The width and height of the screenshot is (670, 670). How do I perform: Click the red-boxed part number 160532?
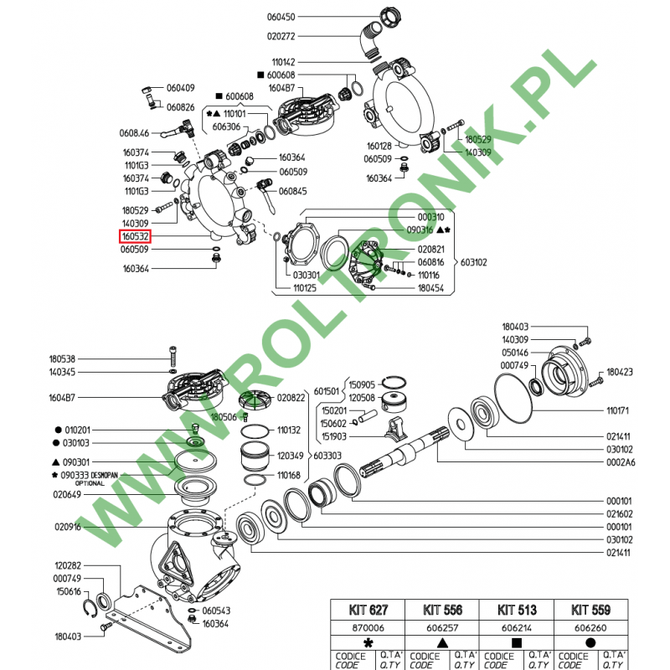[135, 237]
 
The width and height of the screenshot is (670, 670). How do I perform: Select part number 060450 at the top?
[281, 17]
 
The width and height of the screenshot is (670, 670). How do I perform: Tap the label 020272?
[281, 36]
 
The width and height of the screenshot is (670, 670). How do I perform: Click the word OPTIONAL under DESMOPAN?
[91, 483]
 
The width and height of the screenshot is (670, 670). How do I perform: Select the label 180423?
[621, 372]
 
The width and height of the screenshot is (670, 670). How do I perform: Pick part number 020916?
[69, 527]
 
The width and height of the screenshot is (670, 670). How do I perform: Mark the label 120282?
[69, 566]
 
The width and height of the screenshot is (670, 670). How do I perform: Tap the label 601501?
[327, 391]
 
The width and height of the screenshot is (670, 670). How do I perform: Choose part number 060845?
[293, 191]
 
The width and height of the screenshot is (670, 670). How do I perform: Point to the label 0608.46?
[134, 132]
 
